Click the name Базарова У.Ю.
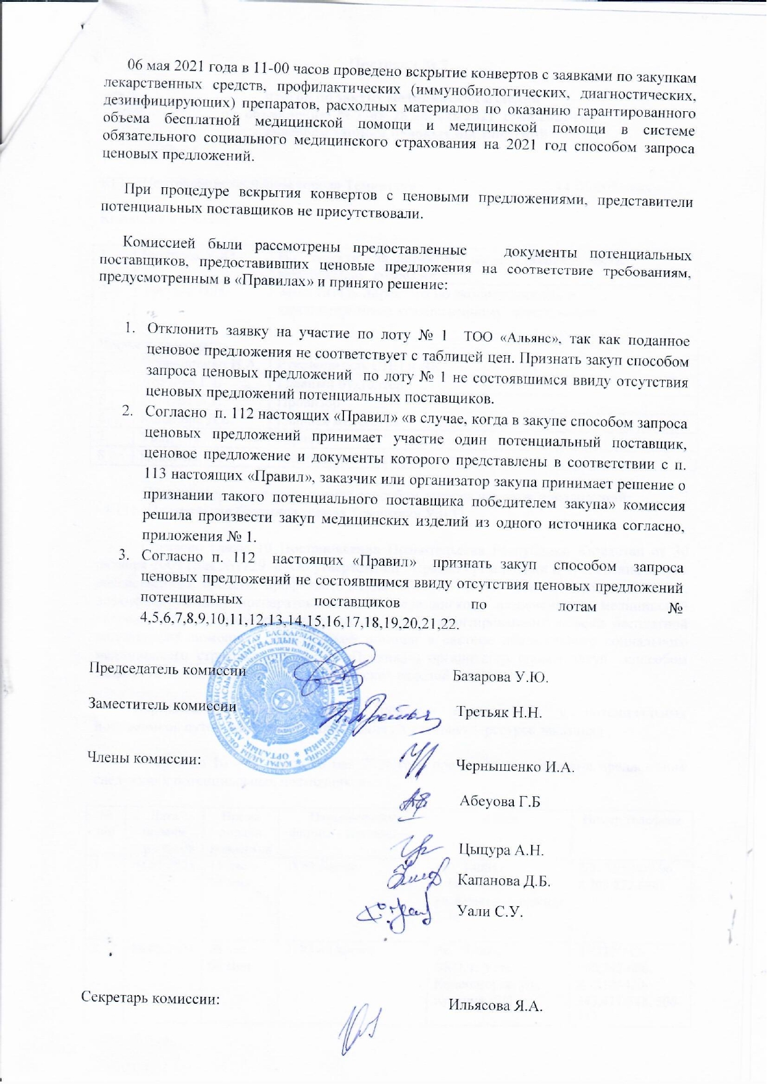[501, 676]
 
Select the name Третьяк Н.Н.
[499, 712]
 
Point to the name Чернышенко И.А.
[515, 767]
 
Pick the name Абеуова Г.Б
[500, 802]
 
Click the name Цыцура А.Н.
[501, 849]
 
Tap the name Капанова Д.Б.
[503, 880]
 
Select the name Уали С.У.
[489, 911]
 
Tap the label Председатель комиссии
[168, 669]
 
